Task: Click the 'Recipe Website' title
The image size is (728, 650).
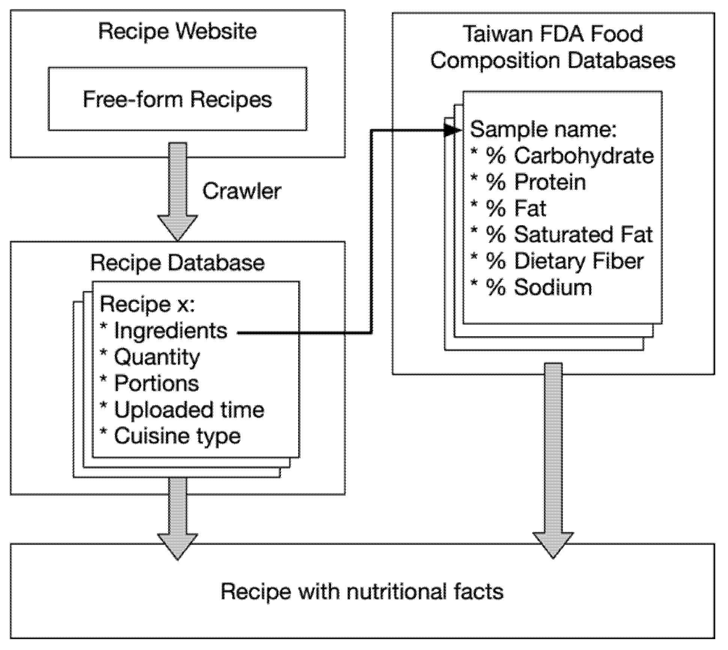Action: click(x=177, y=31)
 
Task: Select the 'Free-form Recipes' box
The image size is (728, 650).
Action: click(x=177, y=99)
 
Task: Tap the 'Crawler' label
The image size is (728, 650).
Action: click(x=242, y=191)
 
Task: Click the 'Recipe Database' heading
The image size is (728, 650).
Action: click(x=177, y=263)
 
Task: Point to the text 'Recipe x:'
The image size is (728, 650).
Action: click(x=147, y=304)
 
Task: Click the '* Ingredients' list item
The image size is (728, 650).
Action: click(x=164, y=331)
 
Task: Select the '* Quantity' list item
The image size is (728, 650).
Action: click(x=150, y=357)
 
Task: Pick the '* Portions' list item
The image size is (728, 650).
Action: click(x=150, y=384)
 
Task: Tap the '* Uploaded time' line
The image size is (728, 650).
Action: click(x=182, y=410)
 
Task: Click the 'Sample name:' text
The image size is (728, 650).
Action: click(x=543, y=129)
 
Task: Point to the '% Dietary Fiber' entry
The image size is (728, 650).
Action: click(x=558, y=261)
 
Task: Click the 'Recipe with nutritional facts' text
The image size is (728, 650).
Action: click(x=362, y=592)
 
